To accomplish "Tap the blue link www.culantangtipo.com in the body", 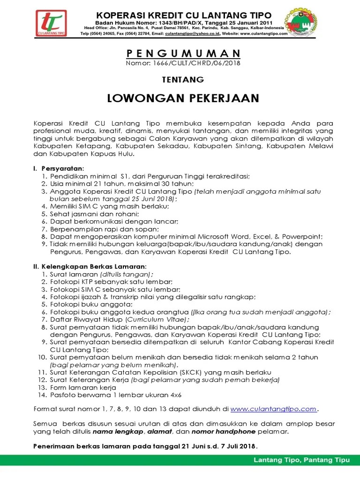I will [274, 409].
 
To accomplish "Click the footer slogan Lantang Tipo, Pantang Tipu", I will [302, 460].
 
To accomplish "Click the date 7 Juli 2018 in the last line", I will [237, 446].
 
